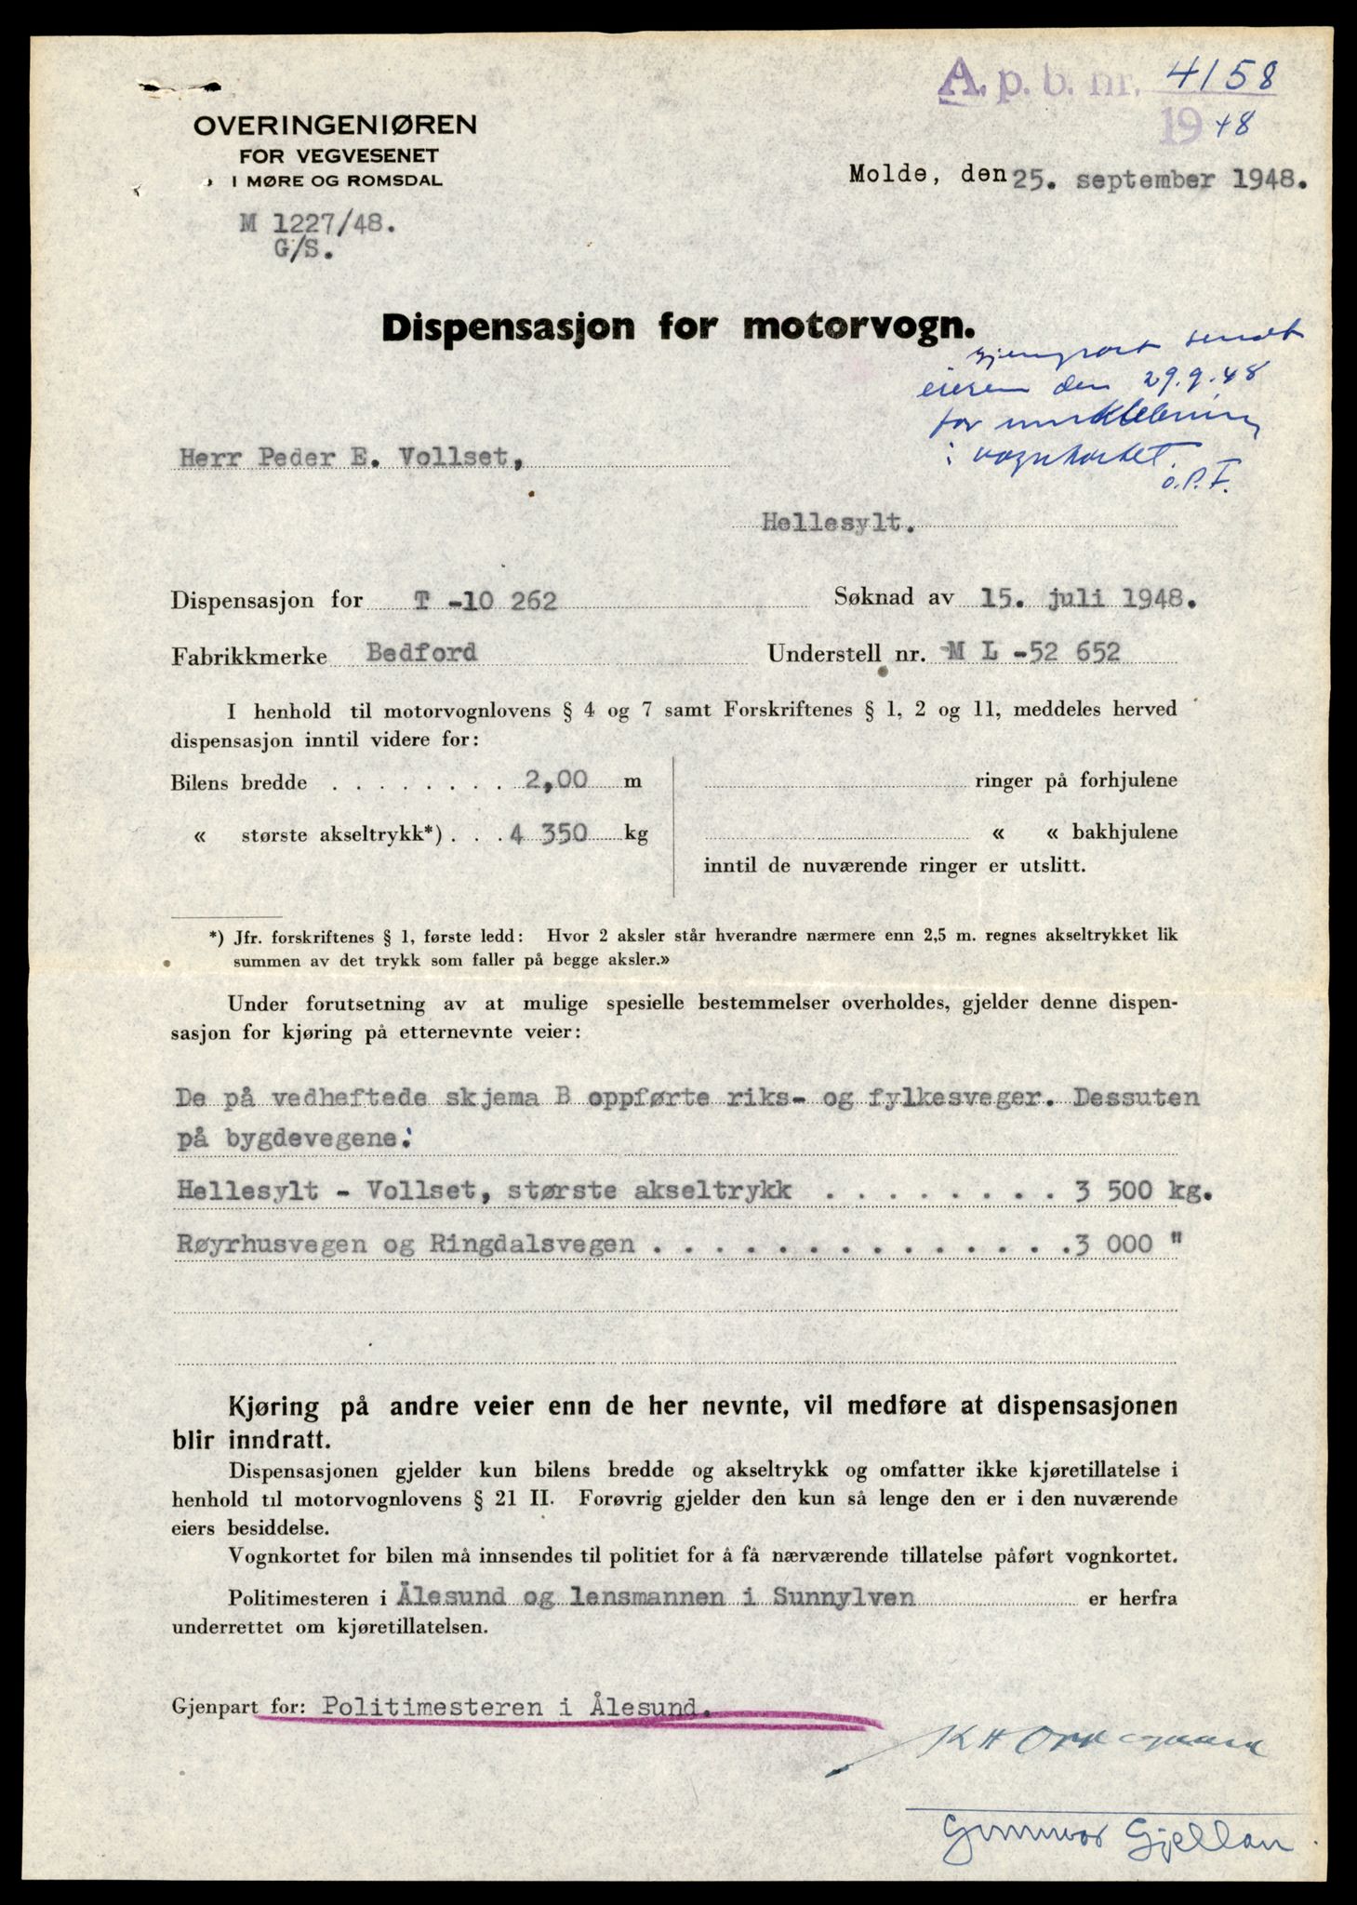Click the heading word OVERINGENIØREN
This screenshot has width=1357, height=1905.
point(335,125)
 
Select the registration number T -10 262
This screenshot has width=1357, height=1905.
point(486,601)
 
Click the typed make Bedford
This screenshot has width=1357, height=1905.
point(421,652)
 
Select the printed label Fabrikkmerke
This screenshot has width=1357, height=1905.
point(249,656)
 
